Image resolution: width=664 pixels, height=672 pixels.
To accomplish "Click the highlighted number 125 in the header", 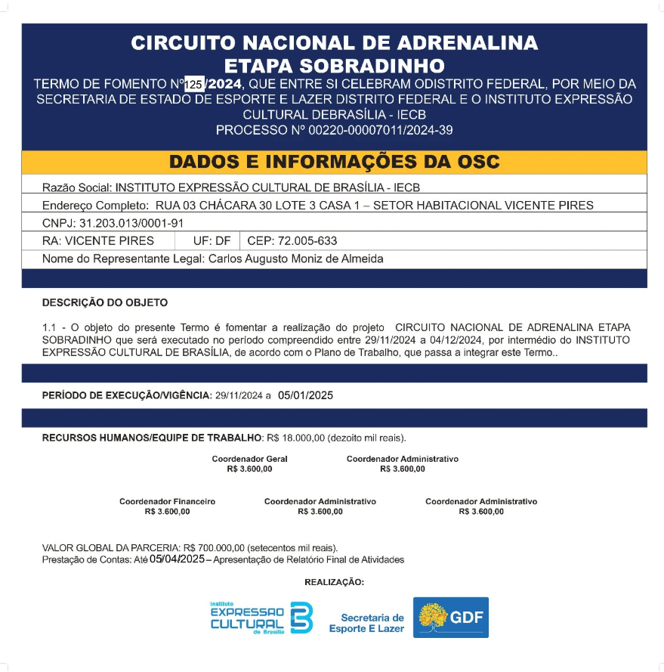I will coord(194,85).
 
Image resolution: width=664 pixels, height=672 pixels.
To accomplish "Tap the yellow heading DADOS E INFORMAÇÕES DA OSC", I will coord(334,163).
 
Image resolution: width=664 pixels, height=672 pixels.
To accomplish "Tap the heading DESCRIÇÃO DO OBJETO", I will coord(105,302).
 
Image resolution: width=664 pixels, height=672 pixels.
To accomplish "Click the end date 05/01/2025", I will coord(306,395).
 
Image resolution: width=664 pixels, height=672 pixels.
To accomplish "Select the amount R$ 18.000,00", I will coord(295,438).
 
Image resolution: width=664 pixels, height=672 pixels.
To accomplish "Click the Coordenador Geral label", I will coord(249,459).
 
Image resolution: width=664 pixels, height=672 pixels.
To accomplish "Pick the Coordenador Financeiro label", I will coord(167,501).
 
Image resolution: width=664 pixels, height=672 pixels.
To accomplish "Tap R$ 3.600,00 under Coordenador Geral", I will coord(249,469).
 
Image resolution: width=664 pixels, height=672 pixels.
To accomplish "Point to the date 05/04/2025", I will coord(177,559).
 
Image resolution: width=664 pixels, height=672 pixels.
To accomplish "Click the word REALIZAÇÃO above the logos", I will coord(334,582).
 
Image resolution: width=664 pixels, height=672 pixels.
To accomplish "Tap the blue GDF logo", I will coord(451,618).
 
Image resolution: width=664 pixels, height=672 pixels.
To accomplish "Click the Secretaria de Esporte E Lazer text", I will coord(366,623).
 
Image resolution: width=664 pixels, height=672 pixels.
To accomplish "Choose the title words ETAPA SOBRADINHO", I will coord(334,65).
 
